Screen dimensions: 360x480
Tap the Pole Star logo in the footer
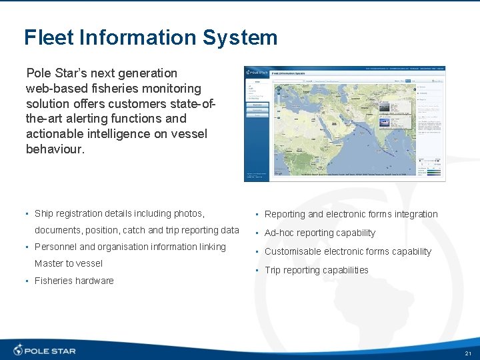(45, 350)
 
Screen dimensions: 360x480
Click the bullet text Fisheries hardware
(74, 281)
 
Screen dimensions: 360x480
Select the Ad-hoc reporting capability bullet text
(320, 233)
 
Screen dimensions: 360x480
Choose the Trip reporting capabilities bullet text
(317, 270)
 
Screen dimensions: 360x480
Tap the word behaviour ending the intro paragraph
(55, 149)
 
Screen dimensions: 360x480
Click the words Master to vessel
(69, 263)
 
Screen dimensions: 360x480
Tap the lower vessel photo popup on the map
(387, 121)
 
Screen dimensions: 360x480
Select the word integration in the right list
(414, 214)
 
